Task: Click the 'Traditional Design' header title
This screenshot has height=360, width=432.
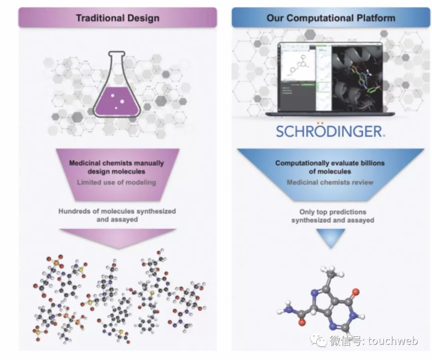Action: [117, 18]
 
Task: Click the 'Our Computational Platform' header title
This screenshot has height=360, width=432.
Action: [331, 18]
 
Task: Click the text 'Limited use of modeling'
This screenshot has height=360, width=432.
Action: [117, 183]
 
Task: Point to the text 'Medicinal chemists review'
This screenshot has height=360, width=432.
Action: [330, 183]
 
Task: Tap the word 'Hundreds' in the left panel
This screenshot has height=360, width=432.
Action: [76, 211]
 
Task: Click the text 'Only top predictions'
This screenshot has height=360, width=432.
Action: [330, 211]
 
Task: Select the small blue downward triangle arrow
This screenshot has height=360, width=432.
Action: [330, 238]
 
